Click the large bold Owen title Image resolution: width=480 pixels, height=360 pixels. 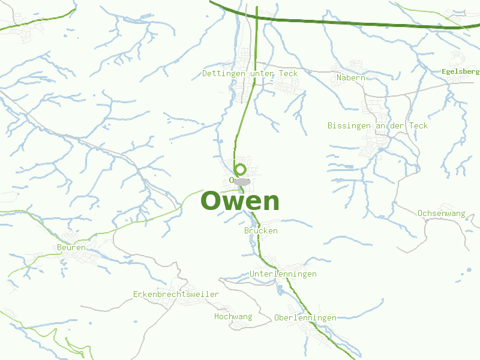click(240, 201)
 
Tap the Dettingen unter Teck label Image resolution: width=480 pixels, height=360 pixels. click(250, 73)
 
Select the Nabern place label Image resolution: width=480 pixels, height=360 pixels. click(350, 78)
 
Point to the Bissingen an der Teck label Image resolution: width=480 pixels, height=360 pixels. click(377, 125)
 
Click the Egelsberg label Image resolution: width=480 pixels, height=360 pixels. click(460, 71)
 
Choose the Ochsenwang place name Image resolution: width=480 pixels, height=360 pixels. click(442, 213)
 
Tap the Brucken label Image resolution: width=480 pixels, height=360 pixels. click(261, 230)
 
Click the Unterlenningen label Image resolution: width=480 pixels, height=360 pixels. click(283, 274)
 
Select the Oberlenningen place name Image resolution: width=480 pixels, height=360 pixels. click(305, 317)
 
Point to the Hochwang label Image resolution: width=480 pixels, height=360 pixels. click(233, 316)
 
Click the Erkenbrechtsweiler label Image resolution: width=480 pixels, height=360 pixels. click(176, 294)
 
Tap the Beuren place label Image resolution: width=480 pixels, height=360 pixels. click(71, 247)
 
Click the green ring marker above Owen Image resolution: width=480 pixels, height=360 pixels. click(241, 169)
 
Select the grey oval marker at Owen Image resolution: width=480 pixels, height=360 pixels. click(242, 181)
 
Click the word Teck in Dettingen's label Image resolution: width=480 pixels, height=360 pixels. click(287, 73)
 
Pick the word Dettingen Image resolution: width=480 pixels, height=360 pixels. click(225, 73)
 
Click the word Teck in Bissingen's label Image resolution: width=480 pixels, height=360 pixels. click(418, 125)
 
